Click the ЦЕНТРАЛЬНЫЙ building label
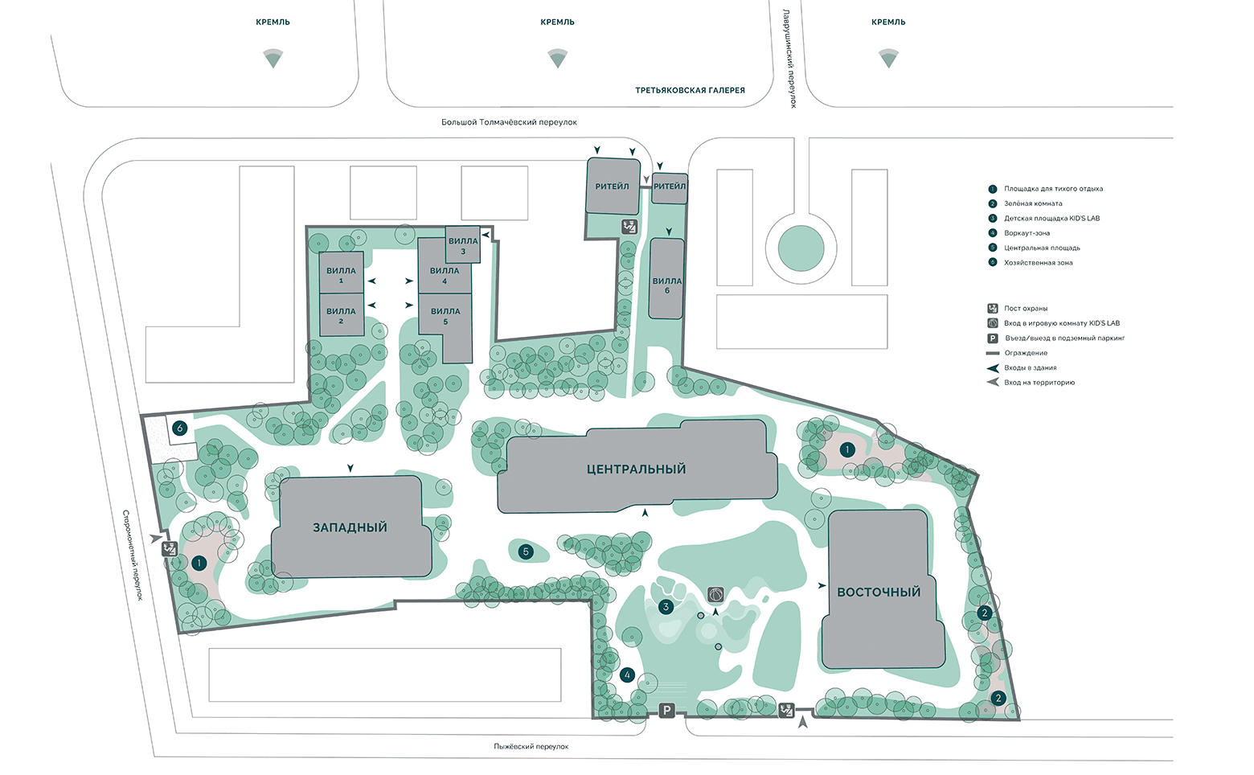click(x=636, y=470)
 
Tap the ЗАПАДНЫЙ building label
click(x=350, y=527)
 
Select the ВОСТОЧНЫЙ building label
click(x=879, y=592)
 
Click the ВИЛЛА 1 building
click(x=342, y=273)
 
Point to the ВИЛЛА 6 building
click(x=666, y=278)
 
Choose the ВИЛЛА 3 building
click(x=463, y=244)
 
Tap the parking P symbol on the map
click(x=666, y=711)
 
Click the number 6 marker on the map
click(x=180, y=429)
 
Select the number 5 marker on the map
click(x=525, y=552)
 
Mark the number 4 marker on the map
click(x=627, y=675)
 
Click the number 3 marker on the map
click(x=666, y=606)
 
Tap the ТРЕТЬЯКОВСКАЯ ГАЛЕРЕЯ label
click(x=690, y=90)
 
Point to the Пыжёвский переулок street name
click(x=531, y=746)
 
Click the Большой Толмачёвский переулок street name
click(x=509, y=122)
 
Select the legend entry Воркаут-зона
click(x=1027, y=233)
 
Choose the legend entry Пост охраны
click(x=1026, y=308)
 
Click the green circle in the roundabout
click(x=801, y=248)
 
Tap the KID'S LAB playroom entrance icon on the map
click(x=715, y=594)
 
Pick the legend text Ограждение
click(x=1026, y=353)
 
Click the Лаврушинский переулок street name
click(x=789, y=59)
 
